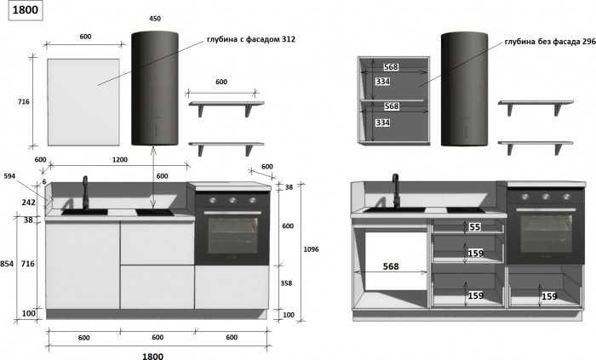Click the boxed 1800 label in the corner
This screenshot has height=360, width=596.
tap(26, 10)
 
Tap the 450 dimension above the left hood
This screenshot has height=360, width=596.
tap(155, 18)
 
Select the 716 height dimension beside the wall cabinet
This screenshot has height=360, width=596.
tap(24, 101)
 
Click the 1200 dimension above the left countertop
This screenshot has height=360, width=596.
tap(120, 159)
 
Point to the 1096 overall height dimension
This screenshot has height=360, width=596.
tap(311, 249)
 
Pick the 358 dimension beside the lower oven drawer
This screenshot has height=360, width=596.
tap(286, 283)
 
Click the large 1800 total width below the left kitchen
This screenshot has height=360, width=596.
tap(152, 357)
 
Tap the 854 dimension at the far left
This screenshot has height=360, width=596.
tap(7, 264)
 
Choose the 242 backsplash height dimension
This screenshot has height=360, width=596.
tap(28, 203)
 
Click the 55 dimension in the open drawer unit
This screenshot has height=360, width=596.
tap(475, 227)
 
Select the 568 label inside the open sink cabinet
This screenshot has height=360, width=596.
tap(391, 266)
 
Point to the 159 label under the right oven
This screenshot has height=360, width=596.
tap(549, 296)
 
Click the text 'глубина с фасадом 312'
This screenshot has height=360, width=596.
tap(251, 39)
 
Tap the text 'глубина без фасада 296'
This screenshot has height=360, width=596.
tap(550, 42)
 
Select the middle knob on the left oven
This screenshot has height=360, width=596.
tap(232, 200)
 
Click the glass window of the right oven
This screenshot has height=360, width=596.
tap(547, 233)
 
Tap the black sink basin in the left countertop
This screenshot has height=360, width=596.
tap(84, 212)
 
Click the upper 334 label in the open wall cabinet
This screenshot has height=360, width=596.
tap(383, 81)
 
